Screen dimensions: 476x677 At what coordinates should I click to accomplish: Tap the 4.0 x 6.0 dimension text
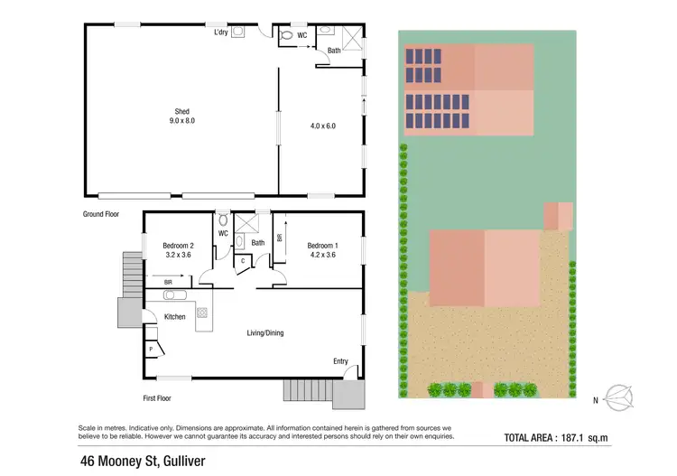[322, 126]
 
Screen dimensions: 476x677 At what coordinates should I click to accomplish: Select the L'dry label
[221, 33]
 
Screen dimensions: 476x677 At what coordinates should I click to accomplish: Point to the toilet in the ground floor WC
[287, 35]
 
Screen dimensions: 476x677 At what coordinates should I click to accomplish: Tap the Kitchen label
[174, 316]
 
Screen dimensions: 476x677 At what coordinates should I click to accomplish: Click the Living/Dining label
[265, 333]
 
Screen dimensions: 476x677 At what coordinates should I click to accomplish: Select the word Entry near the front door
[340, 361]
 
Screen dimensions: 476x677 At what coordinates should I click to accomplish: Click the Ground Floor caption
[101, 214]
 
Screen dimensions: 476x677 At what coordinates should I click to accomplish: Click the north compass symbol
[617, 396]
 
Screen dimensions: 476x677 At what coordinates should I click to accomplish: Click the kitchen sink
[174, 295]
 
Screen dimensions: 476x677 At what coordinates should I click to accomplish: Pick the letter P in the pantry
[150, 348]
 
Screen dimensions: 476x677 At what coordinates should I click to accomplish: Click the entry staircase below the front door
[309, 390]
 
